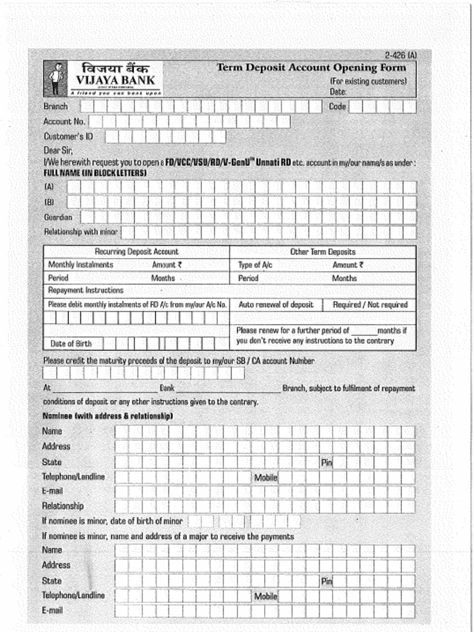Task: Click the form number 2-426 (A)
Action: point(400,55)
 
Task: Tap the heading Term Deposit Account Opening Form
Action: point(311,68)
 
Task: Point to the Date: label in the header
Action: point(338,91)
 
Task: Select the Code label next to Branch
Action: point(338,107)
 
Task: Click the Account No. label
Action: point(64,122)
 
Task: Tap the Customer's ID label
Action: point(68,136)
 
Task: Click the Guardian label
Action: point(57,217)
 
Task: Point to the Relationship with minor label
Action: point(80,232)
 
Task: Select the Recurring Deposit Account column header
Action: point(136,252)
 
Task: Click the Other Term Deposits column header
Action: point(323,252)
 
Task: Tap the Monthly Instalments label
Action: point(81,265)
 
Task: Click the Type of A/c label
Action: point(255,265)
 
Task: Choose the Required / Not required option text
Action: point(370,305)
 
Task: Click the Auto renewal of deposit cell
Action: point(276,305)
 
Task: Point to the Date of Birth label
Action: point(71,344)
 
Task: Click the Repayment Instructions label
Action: point(86,290)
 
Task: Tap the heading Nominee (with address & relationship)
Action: point(107,416)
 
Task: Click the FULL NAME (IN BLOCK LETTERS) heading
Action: point(94,173)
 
